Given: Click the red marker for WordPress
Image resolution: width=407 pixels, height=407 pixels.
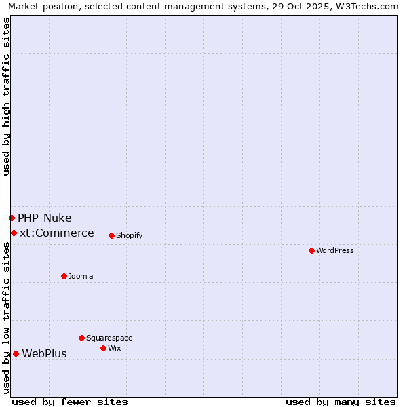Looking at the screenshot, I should pyautogui.click(x=311, y=250).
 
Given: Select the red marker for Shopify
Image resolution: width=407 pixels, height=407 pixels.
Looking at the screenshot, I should pyautogui.click(x=111, y=235).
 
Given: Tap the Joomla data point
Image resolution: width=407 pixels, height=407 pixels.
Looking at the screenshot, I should pyautogui.click(x=64, y=276).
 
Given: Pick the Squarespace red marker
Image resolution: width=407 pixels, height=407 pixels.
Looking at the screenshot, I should pyautogui.click(x=81, y=338).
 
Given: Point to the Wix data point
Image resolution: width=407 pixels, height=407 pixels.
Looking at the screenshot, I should pyautogui.click(x=103, y=348).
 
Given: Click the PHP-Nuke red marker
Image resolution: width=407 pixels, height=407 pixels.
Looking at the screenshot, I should pyautogui.click(x=12, y=218).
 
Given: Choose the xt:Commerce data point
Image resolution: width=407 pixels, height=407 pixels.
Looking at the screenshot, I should pyautogui.click(x=14, y=233).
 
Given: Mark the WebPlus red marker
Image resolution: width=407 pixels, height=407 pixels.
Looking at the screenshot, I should pyautogui.click(x=16, y=353).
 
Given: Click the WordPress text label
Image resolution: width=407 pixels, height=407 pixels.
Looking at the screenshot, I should pyautogui.click(x=335, y=250).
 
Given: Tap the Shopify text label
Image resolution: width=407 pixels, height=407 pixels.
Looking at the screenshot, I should pyautogui.click(x=129, y=235).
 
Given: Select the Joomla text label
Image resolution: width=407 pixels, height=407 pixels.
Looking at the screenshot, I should pyautogui.click(x=81, y=276).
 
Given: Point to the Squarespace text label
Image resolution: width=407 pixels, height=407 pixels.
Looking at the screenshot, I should pyautogui.click(x=109, y=338).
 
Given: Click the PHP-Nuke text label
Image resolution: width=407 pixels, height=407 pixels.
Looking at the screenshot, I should pyautogui.click(x=45, y=218).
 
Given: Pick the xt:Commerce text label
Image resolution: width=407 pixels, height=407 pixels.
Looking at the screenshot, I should pyautogui.click(x=57, y=233).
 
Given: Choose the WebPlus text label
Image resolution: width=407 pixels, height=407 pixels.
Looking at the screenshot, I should pyautogui.click(x=44, y=353).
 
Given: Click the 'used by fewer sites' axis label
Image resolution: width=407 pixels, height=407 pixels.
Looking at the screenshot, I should pyautogui.click(x=70, y=402).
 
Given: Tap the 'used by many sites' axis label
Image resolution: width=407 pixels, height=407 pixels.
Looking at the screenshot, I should pyautogui.click(x=341, y=402).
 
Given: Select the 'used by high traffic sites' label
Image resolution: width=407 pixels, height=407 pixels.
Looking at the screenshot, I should pyautogui.click(x=6, y=96).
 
